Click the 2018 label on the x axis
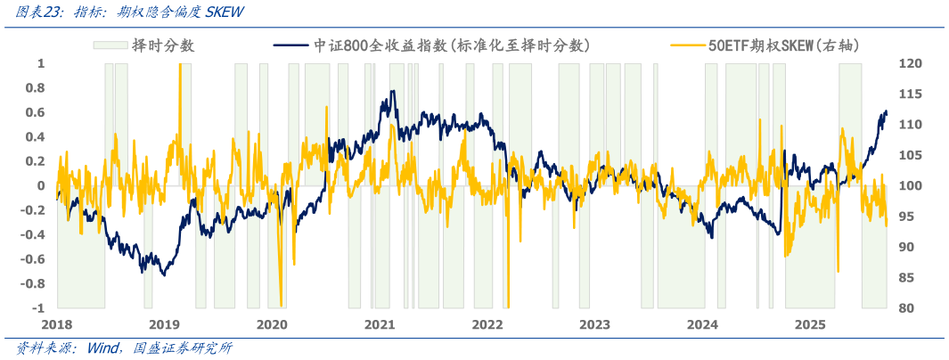pos(57,324)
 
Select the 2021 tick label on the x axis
pos(380,324)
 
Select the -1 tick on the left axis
pos(38,308)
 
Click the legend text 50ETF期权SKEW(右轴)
pos(783,45)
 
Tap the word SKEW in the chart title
pos(225,12)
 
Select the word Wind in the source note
pos(104,348)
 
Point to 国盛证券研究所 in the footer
pos(183,348)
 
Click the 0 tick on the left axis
pos(41,186)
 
